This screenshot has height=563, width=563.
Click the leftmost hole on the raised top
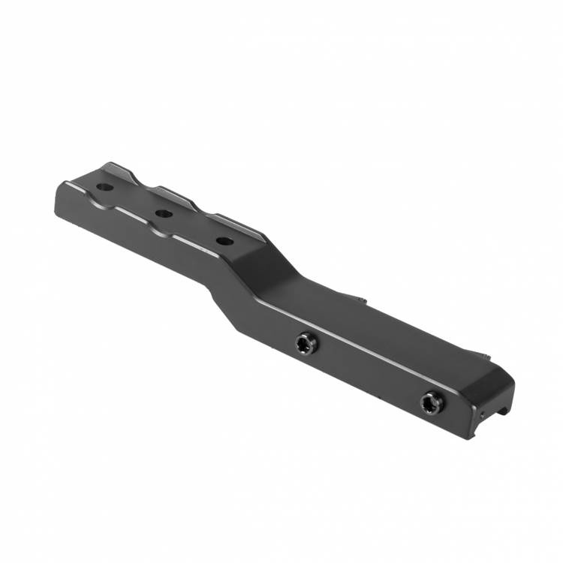(105, 187)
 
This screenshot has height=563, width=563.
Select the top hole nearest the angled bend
(223, 242)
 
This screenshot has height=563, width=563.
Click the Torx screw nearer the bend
(306, 344)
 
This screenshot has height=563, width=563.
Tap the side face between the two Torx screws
(368, 368)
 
